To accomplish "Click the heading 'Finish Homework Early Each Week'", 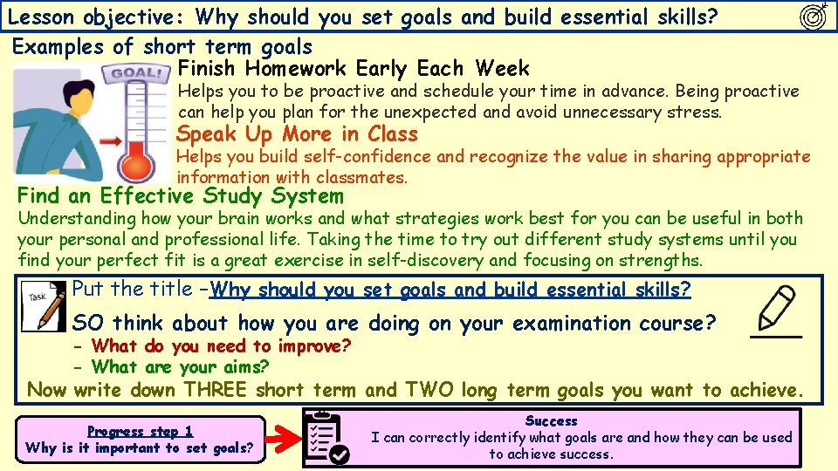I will [x=353, y=69].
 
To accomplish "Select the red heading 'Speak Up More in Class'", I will [x=297, y=134].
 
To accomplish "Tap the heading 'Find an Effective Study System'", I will [x=180, y=196].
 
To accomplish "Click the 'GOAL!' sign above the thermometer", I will [x=136, y=74].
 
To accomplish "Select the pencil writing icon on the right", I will [x=776, y=310].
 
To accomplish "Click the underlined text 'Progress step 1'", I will [x=140, y=431].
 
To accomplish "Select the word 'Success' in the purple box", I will [x=551, y=421].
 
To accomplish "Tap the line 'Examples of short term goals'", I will [x=162, y=47].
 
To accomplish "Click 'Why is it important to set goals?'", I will [x=140, y=448].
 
